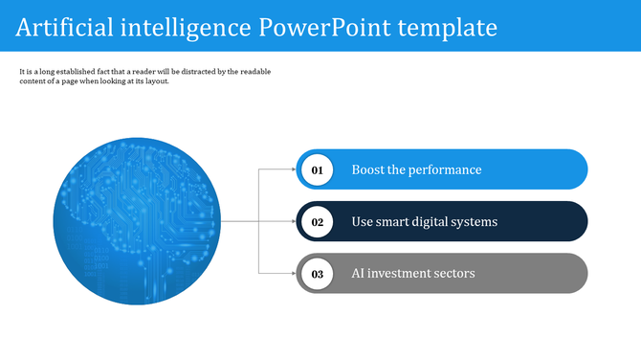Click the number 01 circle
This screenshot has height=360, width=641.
(x=318, y=170)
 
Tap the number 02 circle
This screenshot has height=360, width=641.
(x=318, y=222)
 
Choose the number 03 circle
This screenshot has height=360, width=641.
(x=318, y=274)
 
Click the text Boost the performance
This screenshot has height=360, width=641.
(x=416, y=170)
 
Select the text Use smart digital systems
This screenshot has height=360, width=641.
(x=424, y=222)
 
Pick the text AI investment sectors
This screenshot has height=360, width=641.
(x=412, y=274)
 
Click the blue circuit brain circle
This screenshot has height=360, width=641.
(x=138, y=222)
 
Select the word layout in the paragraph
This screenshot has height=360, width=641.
(x=155, y=81)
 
